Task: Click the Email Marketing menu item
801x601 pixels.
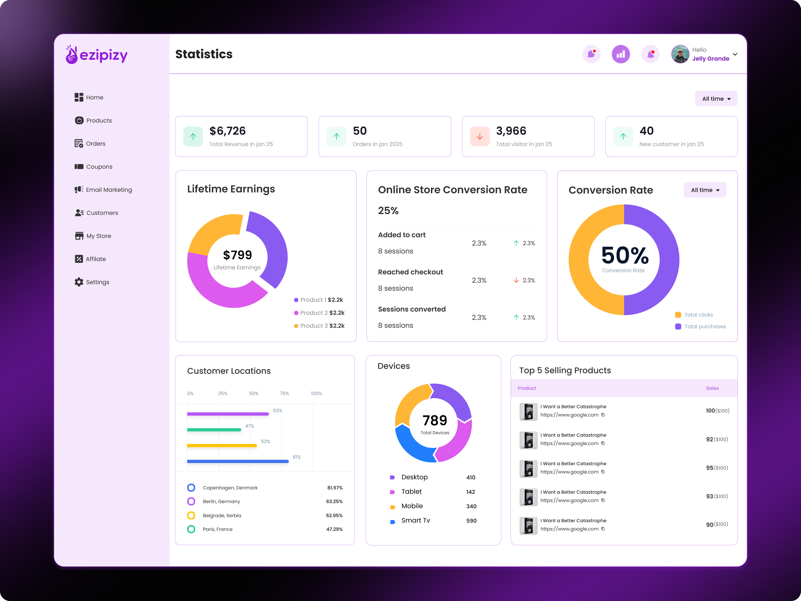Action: pyautogui.click(x=109, y=190)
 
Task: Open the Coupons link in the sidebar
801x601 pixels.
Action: pyautogui.click(x=99, y=167)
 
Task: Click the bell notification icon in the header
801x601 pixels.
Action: pyautogui.click(x=650, y=54)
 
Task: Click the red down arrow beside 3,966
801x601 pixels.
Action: pyautogui.click(x=480, y=136)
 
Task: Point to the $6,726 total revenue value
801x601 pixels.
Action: pyautogui.click(x=227, y=131)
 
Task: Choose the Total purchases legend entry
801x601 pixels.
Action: pyautogui.click(x=705, y=327)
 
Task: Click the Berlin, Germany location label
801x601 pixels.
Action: pyautogui.click(x=221, y=501)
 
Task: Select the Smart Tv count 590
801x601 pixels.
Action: pyautogui.click(x=471, y=521)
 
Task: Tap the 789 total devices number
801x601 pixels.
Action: pyautogui.click(x=435, y=420)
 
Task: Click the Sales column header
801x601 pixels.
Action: pyautogui.click(x=712, y=388)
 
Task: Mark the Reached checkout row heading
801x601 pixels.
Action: pyautogui.click(x=410, y=272)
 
